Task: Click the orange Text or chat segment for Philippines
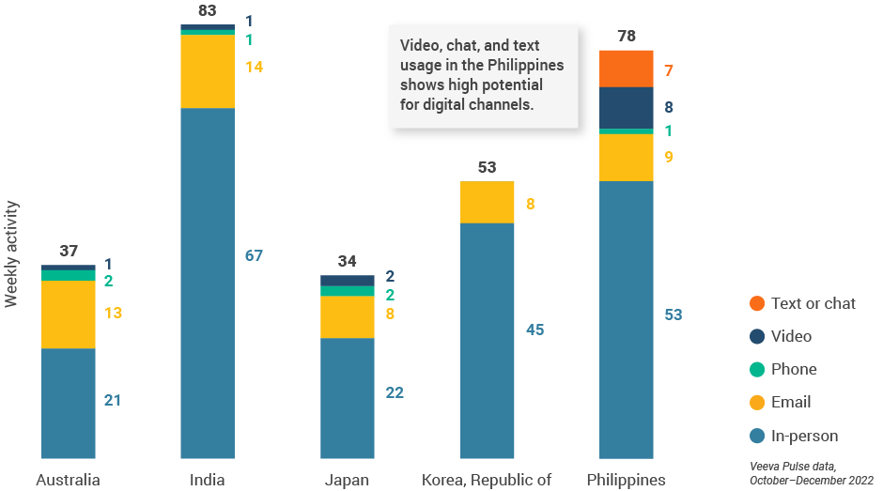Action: tap(627, 69)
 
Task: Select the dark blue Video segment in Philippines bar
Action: tap(627, 107)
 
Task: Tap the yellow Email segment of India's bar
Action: tap(208, 71)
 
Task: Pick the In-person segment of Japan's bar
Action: tap(348, 397)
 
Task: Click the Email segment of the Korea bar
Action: tap(487, 202)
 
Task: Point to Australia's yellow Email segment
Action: tap(69, 315)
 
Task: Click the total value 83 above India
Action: tap(207, 11)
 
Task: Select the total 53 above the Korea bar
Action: tap(487, 167)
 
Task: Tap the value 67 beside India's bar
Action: tap(254, 255)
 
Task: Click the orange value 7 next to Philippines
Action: tap(668, 71)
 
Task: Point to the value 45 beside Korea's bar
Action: tap(534, 330)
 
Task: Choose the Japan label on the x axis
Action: tap(347, 481)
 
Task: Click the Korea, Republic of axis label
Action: tap(487, 481)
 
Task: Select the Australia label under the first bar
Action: tap(68, 481)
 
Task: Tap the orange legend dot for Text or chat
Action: tap(757, 303)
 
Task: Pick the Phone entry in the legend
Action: tap(794, 369)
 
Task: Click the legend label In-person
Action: tap(804, 436)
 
